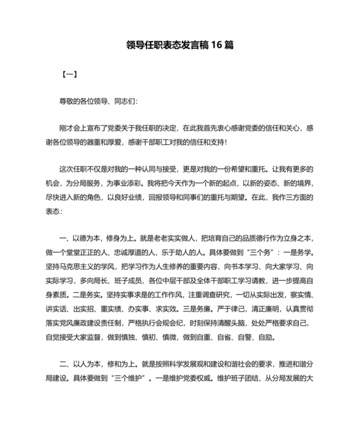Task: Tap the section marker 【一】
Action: click(69, 74)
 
